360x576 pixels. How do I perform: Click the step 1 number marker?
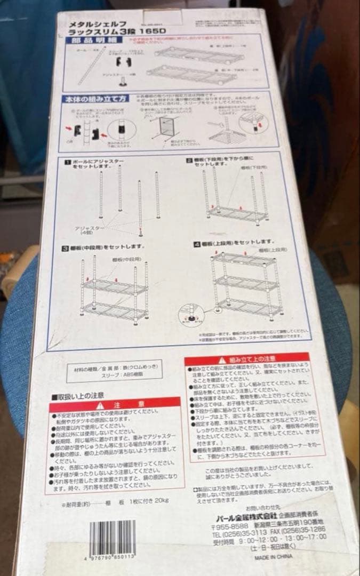(x=67, y=160)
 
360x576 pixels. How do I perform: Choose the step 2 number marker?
(x=189, y=159)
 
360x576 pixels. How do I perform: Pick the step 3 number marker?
(x=64, y=247)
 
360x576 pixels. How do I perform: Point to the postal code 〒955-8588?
(x=226, y=524)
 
